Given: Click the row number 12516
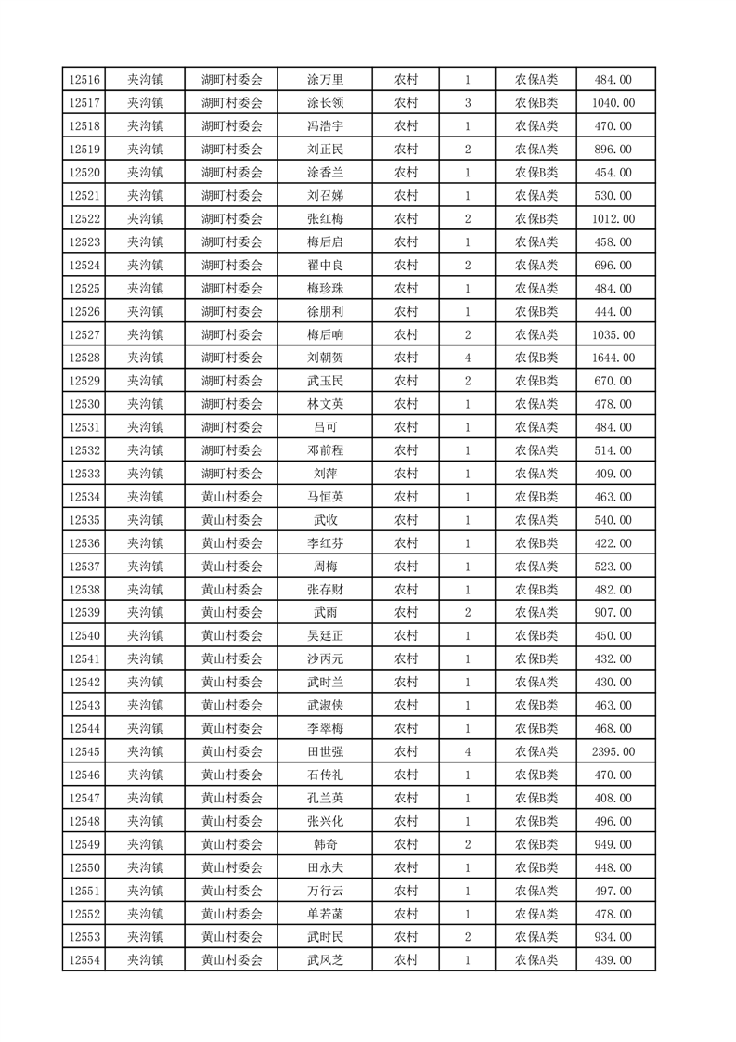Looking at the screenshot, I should point(84,80).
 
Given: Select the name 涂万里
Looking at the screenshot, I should point(325,80).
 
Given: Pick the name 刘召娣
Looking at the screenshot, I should point(325,196).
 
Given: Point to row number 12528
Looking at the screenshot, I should point(84,358).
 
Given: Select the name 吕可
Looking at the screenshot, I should point(325,427).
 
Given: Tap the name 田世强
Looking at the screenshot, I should point(325,752).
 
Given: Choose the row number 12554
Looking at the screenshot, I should point(84,960).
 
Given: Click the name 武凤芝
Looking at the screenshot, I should point(325,960).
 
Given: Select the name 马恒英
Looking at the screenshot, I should point(325,497).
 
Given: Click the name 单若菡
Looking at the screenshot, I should point(325,914).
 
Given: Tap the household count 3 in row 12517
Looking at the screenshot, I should point(467,103).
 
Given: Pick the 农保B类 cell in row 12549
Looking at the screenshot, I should point(536,845).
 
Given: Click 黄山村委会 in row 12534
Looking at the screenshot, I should point(232,497).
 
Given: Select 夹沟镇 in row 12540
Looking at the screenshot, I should point(145,636).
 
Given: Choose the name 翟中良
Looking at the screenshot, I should point(325,266).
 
